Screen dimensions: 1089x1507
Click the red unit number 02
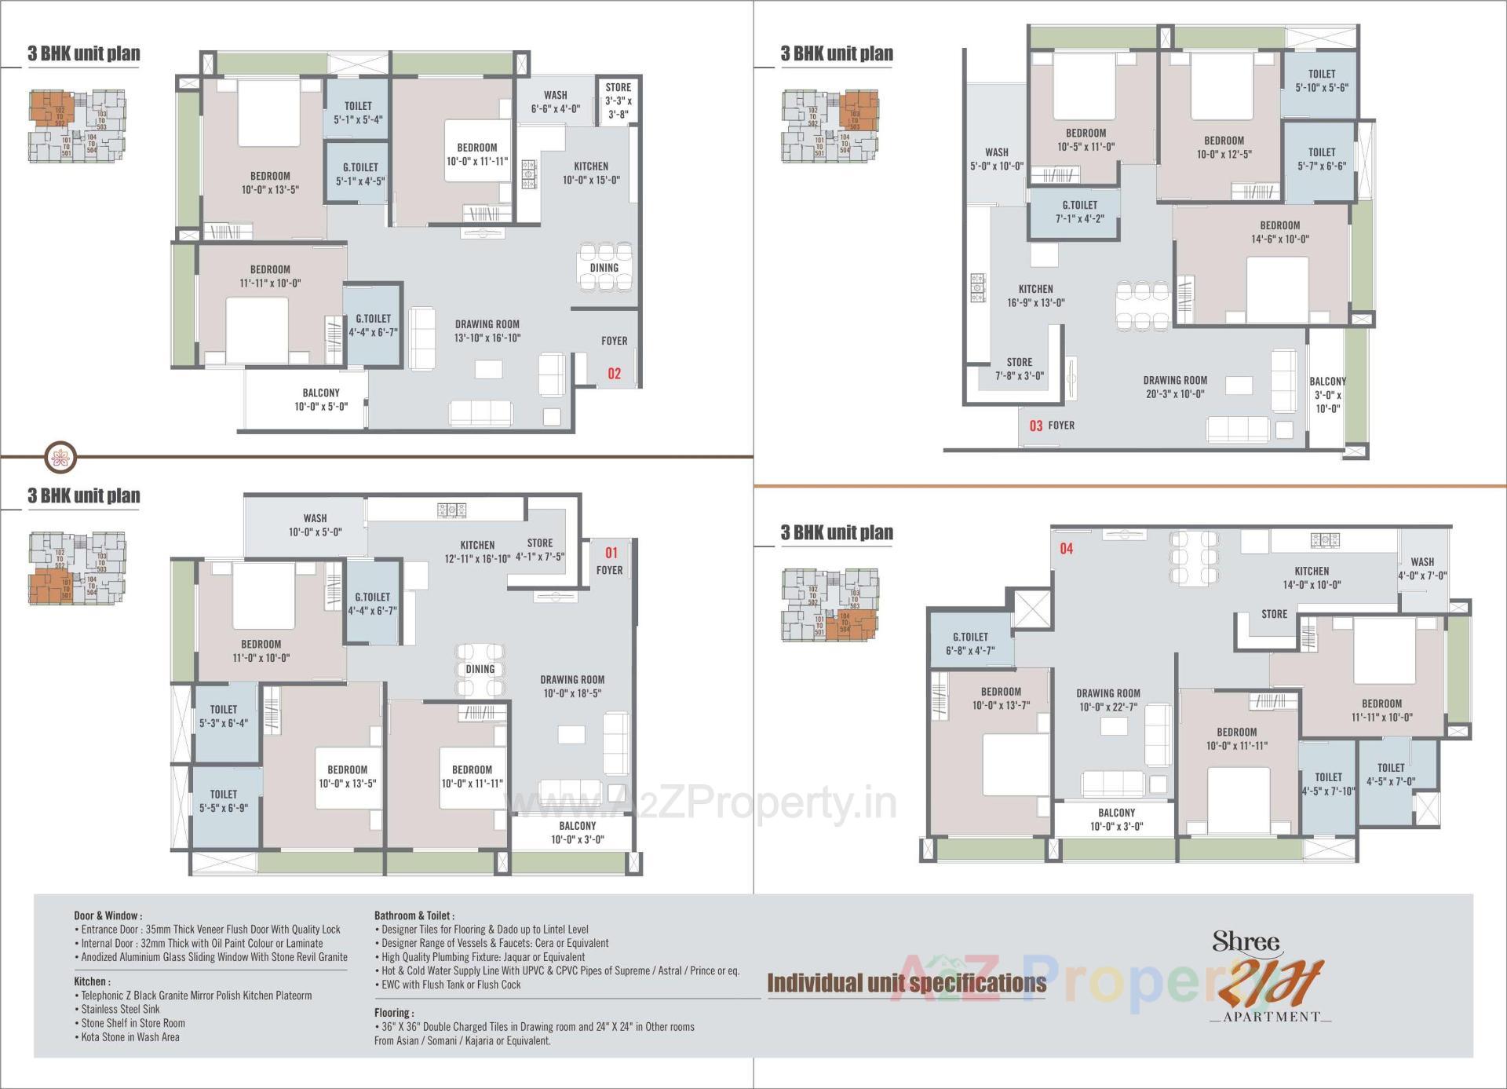pyautogui.click(x=614, y=374)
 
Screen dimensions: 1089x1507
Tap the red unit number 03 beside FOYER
pyautogui.click(x=1036, y=426)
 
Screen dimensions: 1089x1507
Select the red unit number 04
pyautogui.click(x=1066, y=549)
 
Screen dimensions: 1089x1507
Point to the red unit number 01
pyautogui.click(x=611, y=553)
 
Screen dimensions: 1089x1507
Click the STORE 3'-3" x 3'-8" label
pyautogui.click(x=618, y=100)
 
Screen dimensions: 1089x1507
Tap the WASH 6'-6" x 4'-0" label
pyautogui.click(x=555, y=102)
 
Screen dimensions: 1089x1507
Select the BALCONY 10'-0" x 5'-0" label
pyautogui.click(x=321, y=400)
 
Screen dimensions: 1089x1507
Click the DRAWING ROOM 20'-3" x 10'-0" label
pyautogui.click(x=1174, y=387)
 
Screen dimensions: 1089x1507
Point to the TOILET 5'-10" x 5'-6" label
pyautogui.click(x=1322, y=80)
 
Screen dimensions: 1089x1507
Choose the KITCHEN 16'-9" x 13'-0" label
pyautogui.click(x=1035, y=296)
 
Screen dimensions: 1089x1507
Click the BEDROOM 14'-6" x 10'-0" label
pyautogui.click(x=1279, y=232)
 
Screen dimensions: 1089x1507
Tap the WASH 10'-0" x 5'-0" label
pyautogui.click(x=315, y=525)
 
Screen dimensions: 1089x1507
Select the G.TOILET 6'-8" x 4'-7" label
pyautogui.click(x=970, y=644)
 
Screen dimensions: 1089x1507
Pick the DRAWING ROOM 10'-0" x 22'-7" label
pyautogui.click(x=1107, y=700)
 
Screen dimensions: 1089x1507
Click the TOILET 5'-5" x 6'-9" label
pyautogui.click(x=224, y=801)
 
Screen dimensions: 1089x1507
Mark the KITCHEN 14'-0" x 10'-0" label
pyautogui.click(x=1312, y=578)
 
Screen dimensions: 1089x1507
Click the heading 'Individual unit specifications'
pyautogui.click(x=907, y=983)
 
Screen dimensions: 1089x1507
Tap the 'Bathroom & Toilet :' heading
pyautogui.click(x=414, y=915)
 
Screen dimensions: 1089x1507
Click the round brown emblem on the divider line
pyautogui.click(x=60, y=456)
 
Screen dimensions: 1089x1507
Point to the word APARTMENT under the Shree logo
pyautogui.click(x=1271, y=1017)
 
